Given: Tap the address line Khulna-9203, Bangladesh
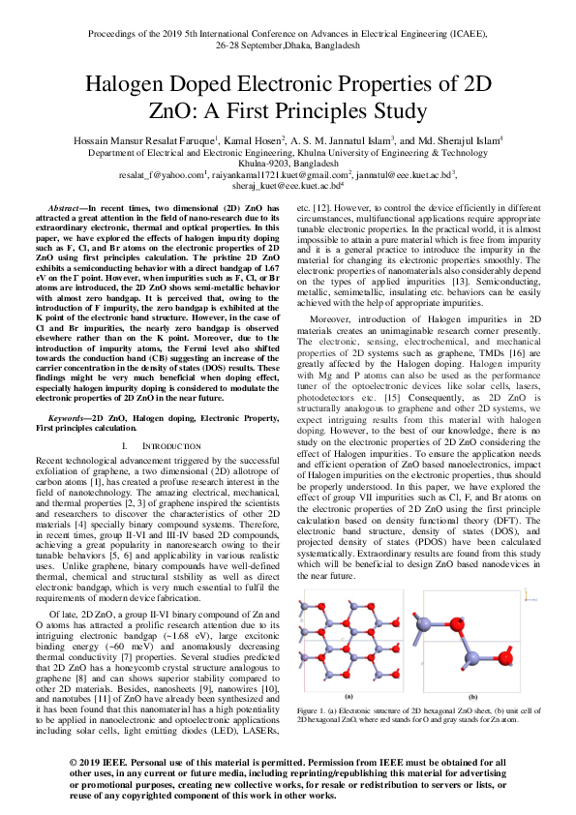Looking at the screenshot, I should (288, 164).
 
